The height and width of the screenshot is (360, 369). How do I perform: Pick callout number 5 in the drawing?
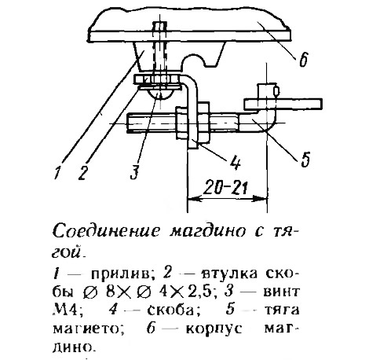[x=305, y=159]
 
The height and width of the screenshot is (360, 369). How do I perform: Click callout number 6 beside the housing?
[x=304, y=60]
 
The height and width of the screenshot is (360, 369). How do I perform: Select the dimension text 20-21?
[x=225, y=187]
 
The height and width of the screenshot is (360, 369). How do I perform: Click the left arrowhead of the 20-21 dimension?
[x=194, y=198]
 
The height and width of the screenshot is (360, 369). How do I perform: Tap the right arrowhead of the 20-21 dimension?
[x=261, y=198]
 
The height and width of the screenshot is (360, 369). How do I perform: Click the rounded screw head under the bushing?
[x=160, y=94]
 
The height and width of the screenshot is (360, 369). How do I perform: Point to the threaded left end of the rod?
[x=152, y=123]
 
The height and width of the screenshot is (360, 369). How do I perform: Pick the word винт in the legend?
[x=281, y=292]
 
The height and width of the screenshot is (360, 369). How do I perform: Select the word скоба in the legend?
[x=171, y=310]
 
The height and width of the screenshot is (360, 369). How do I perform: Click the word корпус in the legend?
[x=214, y=329]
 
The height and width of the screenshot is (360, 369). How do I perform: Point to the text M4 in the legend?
[x=64, y=310]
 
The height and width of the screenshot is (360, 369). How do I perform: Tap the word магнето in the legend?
[x=88, y=329]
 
